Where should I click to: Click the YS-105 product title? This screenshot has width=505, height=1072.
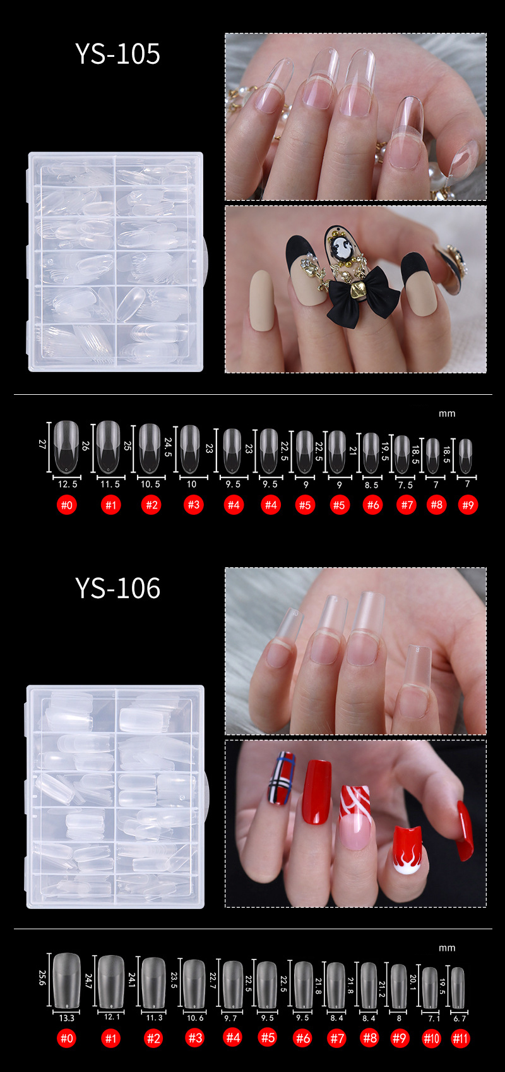[117, 54]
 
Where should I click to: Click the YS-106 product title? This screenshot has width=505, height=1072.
[117, 588]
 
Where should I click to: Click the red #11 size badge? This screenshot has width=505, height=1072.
[461, 1039]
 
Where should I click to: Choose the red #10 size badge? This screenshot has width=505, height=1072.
[431, 1039]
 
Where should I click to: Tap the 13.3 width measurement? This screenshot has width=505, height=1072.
[67, 1018]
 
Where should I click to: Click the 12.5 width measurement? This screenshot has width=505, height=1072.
[68, 484]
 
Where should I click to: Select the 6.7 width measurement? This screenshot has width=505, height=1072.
[460, 1018]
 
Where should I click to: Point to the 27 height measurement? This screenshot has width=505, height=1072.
[43, 444]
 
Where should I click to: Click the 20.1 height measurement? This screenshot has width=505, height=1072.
[413, 982]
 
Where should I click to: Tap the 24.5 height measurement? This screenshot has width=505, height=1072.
[168, 447]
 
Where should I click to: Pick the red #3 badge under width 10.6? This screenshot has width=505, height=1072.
[195, 1038]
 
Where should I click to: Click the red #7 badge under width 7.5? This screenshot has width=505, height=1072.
[406, 505]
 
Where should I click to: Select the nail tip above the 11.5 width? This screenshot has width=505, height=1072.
[108, 445]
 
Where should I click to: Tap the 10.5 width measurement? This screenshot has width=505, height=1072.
[150, 484]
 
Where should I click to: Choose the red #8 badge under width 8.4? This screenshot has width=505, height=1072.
[369, 1038]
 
